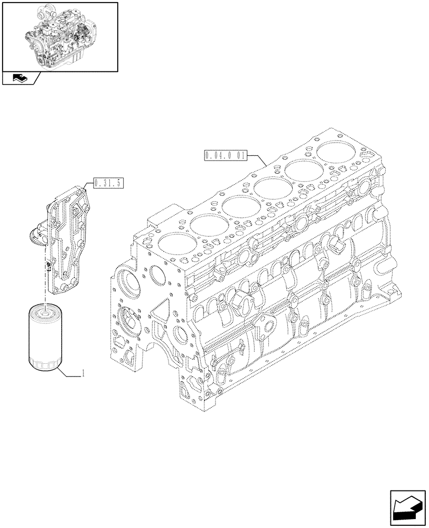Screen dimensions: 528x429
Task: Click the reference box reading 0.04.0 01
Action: pyautogui.click(x=224, y=155)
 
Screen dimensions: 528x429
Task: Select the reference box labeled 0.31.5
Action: pyautogui.click(x=108, y=184)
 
